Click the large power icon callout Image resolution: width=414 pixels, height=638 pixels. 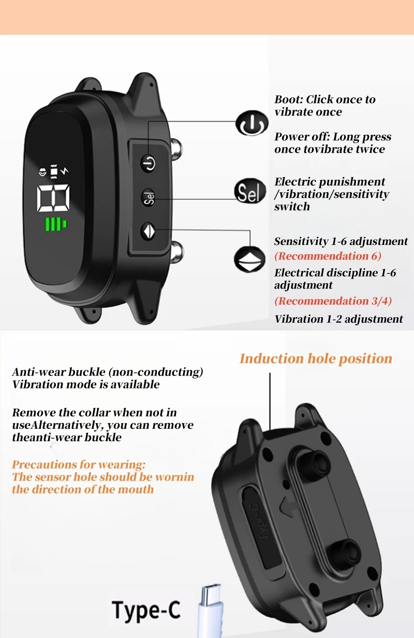coord(252,123)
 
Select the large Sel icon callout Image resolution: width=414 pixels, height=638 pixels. coord(249,193)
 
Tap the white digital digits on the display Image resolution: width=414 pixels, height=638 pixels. coord(54,198)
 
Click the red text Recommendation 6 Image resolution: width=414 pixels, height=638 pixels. coord(328,256)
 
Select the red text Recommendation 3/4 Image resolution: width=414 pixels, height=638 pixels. coord(333,301)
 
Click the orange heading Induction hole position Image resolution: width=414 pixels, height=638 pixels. coord(316,358)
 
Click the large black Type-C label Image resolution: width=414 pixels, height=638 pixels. coord(146,610)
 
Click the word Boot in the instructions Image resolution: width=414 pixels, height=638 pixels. coord(287,99)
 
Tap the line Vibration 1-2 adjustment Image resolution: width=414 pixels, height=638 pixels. coord(338,319)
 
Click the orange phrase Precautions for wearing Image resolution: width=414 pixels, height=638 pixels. coord(79,464)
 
